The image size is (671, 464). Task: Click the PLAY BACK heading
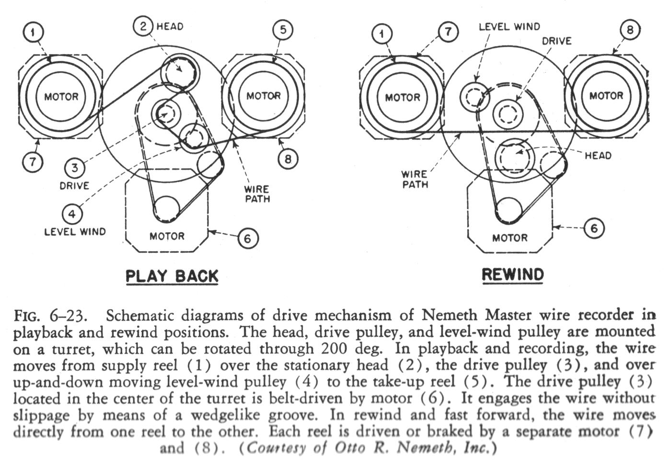(172, 276)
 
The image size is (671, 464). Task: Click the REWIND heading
(513, 274)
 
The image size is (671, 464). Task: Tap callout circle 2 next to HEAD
(144, 26)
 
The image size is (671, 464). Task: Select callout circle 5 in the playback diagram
(283, 30)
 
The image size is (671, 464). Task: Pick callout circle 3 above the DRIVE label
(75, 168)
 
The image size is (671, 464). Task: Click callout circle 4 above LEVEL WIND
(71, 214)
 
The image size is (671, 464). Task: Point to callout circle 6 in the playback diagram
(247, 238)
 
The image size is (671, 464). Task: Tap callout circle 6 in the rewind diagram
(594, 228)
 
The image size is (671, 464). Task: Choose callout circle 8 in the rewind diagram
(630, 30)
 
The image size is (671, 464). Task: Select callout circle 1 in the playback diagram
(33, 33)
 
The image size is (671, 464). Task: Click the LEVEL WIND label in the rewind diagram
(509, 26)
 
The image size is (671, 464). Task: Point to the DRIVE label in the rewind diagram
(556, 41)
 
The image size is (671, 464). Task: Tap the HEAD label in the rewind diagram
(598, 155)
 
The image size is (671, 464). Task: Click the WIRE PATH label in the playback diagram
(257, 194)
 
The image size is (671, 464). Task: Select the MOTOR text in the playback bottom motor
(167, 236)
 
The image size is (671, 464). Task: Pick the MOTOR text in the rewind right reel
(606, 96)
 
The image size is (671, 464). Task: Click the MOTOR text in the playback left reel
(61, 97)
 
